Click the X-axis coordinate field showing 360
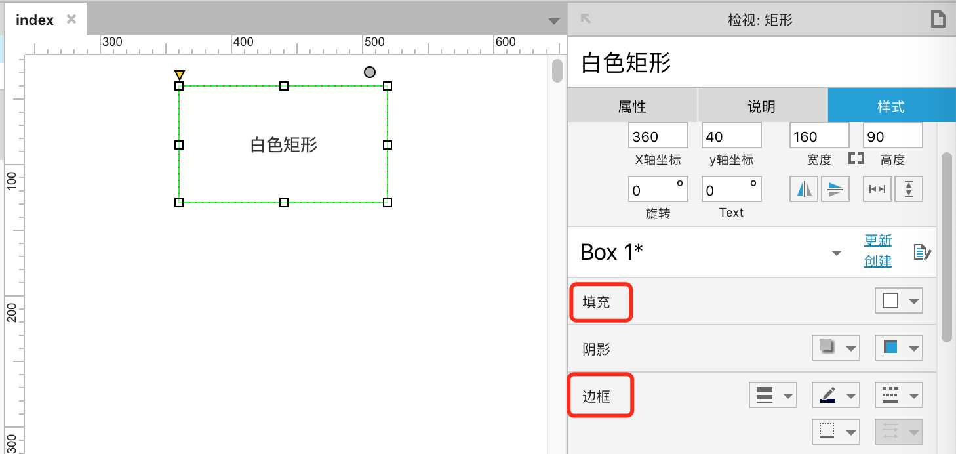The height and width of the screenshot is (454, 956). pos(658,136)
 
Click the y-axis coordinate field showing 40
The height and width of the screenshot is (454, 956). pos(731,136)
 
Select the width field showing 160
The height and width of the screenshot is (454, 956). pos(819,136)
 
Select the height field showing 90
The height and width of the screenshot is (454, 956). pos(892,136)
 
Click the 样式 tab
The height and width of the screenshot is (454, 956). pos(891,106)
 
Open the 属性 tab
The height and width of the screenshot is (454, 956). pos(632,106)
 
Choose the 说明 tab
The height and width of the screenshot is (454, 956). pos(762,106)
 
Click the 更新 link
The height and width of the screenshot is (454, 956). pos(878,241)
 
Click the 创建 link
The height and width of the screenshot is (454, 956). pos(878,261)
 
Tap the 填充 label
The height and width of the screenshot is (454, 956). pos(597,302)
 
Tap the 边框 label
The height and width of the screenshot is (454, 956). pos(597,396)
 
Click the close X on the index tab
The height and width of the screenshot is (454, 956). pos(71,19)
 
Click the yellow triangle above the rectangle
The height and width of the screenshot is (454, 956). pos(180,75)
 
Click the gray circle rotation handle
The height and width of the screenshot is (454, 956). pos(370,72)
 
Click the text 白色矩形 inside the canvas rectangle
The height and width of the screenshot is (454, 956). pos(284,145)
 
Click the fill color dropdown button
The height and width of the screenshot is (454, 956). pos(898,301)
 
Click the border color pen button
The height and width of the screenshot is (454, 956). pos(835,395)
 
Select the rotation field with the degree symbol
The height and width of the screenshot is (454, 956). pos(658,190)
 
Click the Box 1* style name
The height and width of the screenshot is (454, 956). pos(611,253)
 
